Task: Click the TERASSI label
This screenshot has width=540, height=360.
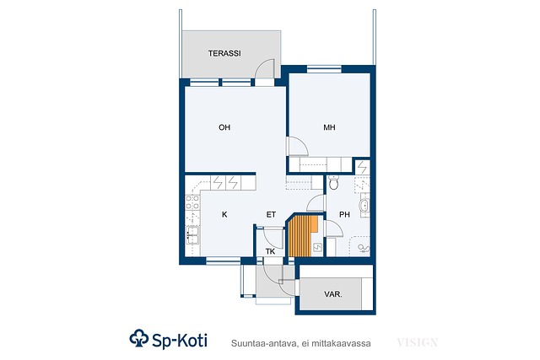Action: (224, 53)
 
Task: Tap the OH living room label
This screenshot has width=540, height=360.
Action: (224, 127)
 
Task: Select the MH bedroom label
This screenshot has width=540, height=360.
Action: (329, 127)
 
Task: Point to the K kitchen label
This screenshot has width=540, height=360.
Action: (224, 214)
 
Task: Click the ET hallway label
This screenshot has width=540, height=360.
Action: (271, 214)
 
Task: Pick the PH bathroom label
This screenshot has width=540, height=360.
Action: (344, 214)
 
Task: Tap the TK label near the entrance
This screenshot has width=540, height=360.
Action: (270, 251)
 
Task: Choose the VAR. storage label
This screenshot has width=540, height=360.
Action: (333, 294)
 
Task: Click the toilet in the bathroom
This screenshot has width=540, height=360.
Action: (333, 182)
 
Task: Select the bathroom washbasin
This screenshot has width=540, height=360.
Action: (364, 207)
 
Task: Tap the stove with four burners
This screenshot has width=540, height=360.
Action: (192, 202)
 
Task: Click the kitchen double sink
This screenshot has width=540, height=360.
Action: (192, 235)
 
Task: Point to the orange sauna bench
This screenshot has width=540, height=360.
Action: (302, 236)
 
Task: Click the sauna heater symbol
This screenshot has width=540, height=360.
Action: (317, 247)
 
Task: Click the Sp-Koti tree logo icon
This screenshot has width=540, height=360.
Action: (138, 338)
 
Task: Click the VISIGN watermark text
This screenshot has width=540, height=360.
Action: (417, 343)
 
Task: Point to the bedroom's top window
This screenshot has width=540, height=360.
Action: (324, 69)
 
